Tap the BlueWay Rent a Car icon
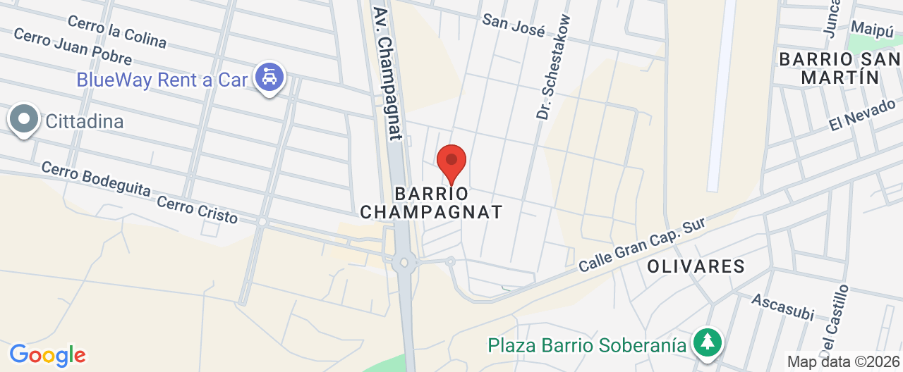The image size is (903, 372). [x=269, y=77]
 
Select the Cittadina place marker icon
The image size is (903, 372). [x=25, y=120]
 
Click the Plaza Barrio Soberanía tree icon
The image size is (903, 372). [x=705, y=343]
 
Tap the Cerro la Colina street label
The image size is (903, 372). [x=128, y=33]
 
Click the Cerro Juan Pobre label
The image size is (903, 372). [x=73, y=47]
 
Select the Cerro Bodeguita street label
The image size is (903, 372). [x=95, y=182]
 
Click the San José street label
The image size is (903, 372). [x=514, y=25]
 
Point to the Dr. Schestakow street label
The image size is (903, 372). [x=553, y=67]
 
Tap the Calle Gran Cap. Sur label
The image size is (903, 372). [x=642, y=245]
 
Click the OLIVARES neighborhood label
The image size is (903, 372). [x=696, y=266]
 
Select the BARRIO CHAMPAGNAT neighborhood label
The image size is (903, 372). [x=431, y=202]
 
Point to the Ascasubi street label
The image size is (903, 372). [x=782, y=306]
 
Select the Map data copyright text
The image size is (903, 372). [x=844, y=362]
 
